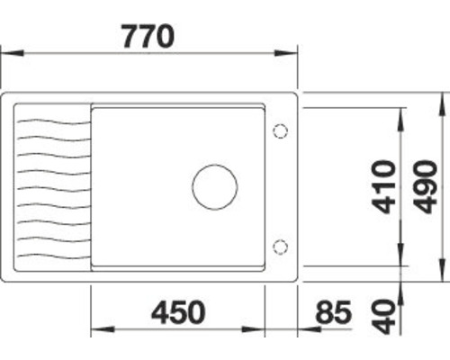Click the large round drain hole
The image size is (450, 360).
(x=214, y=187)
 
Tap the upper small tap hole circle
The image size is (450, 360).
(x=279, y=131)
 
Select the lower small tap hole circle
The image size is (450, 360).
(x=279, y=246)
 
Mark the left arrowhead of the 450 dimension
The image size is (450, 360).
(x=97, y=329)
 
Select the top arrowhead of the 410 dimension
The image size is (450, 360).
(x=400, y=112)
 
